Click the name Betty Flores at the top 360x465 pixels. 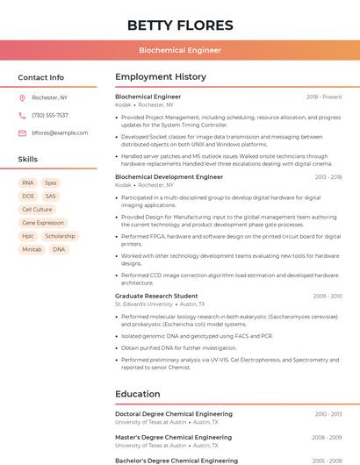coord(180,25)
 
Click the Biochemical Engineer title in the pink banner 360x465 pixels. coord(180,51)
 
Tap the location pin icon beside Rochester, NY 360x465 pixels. coord(22,97)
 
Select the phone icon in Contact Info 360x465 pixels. coord(22,115)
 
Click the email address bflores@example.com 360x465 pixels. coord(60,132)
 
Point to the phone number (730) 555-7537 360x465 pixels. coord(50,115)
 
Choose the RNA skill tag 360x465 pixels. coord(28,183)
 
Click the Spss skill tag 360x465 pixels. coord(51,183)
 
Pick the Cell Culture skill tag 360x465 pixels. coord(37,210)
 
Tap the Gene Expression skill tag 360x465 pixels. coord(43,223)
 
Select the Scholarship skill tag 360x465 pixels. coord(60,236)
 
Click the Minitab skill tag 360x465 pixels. coord(32,249)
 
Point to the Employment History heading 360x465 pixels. coord(160,77)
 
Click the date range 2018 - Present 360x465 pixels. coord(324,97)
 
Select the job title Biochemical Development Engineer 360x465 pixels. coord(169,177)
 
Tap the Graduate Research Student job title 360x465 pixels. coord(156,297)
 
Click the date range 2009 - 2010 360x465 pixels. coord(328,297)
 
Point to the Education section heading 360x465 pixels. coord(137,394)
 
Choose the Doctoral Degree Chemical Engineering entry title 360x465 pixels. coord(174,414)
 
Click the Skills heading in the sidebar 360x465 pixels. coord(28,160)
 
